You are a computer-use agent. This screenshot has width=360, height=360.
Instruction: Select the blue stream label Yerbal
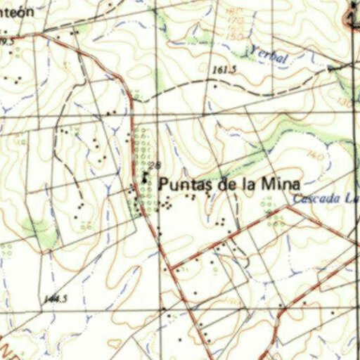(x=269, y=56)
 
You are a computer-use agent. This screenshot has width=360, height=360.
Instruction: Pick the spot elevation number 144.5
(x=55, y=300)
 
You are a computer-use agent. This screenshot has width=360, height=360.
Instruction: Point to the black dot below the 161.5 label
(x=215, y=85)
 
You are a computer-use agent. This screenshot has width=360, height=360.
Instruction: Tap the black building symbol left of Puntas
(x=145, y=179)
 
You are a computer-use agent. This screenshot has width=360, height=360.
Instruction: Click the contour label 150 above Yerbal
(x=236, y=37)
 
